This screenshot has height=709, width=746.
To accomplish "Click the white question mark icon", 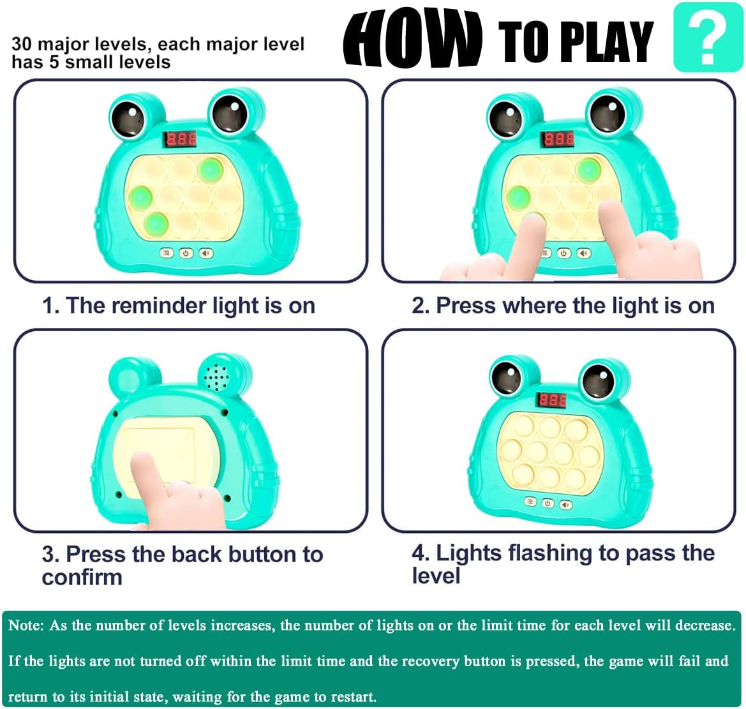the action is tap(708, 36).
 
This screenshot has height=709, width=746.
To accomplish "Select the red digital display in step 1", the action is tap(181, 139).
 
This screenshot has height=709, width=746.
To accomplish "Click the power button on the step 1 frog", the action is tap(186, 253).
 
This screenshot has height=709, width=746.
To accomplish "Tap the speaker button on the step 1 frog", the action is tap(206, 253).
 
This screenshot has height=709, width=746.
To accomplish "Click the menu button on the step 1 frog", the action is tap(166, 253).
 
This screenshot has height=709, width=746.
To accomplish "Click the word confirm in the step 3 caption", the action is tap(82, 577).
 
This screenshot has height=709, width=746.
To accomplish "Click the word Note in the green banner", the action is tap(26, 625).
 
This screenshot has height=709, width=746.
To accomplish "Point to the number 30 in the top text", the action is tap(22, 44).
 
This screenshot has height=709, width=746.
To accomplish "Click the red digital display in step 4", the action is tap(552, 400).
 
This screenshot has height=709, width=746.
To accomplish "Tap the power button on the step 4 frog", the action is tap(548, 503).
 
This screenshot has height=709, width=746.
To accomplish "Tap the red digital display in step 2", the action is tap(559, 139).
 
